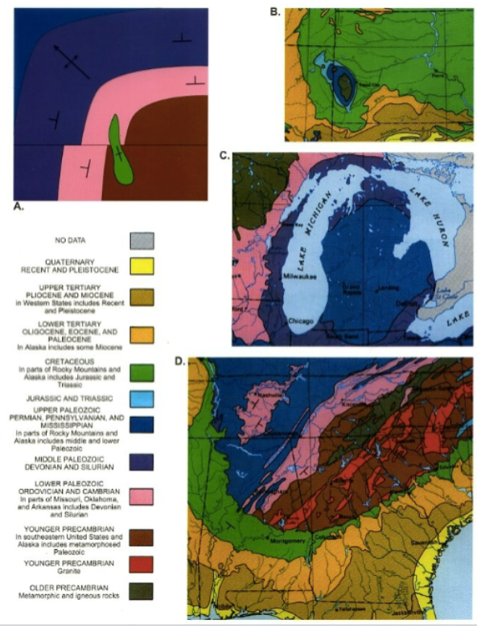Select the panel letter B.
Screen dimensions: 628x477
pyautogui.click(x=274, y=10)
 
